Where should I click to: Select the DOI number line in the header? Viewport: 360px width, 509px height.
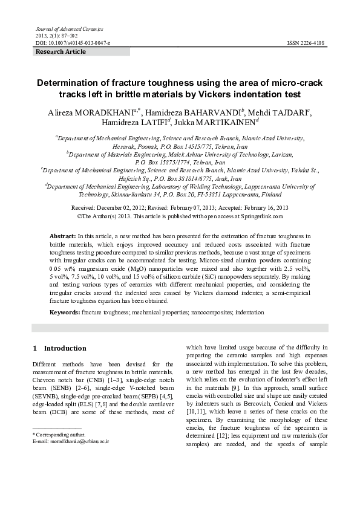point(73,44)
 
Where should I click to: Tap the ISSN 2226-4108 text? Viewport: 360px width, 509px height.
point(306,44)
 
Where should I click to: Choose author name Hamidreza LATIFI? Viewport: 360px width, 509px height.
point(137,123)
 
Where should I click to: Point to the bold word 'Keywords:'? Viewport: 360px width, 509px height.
point(65,313)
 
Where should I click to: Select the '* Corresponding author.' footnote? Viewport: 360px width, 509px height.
point(59,434)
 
